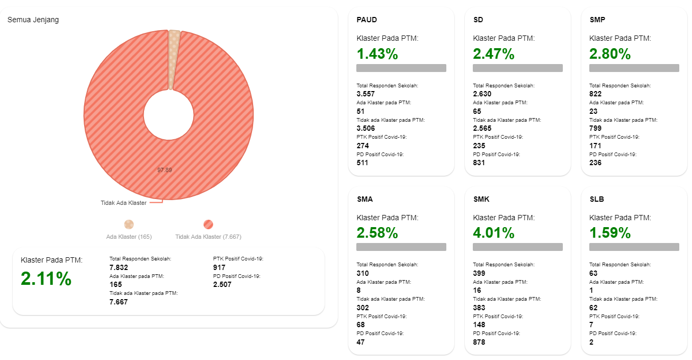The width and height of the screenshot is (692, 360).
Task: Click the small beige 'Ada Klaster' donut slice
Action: (174, 58)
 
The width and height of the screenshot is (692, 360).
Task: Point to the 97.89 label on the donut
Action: (165, 170)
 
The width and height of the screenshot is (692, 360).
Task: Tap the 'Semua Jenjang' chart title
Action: (33, 20)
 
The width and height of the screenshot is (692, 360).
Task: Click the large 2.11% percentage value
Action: (46, 279)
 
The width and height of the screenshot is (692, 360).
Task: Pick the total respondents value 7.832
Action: (119, 267)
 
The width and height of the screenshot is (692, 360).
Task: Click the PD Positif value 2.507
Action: (222, 285)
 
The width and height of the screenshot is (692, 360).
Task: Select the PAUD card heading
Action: (367, 20)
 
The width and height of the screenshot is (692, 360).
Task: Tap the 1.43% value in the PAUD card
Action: (378, 54)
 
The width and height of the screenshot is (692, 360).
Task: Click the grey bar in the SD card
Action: (517, 68)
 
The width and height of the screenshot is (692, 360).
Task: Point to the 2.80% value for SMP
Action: (610, 54)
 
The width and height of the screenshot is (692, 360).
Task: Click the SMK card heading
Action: (481, 199)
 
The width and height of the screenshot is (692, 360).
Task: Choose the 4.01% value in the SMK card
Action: (493, 233)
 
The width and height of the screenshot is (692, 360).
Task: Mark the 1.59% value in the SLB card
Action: (610, 233)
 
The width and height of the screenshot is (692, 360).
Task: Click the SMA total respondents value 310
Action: (363, 273)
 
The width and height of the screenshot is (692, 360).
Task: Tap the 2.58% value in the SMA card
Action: (378, 233)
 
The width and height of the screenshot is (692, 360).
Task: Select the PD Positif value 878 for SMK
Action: (479, 342)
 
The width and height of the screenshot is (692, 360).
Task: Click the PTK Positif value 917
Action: (219, 267)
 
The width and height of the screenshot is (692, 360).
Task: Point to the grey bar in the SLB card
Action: (634, 247)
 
